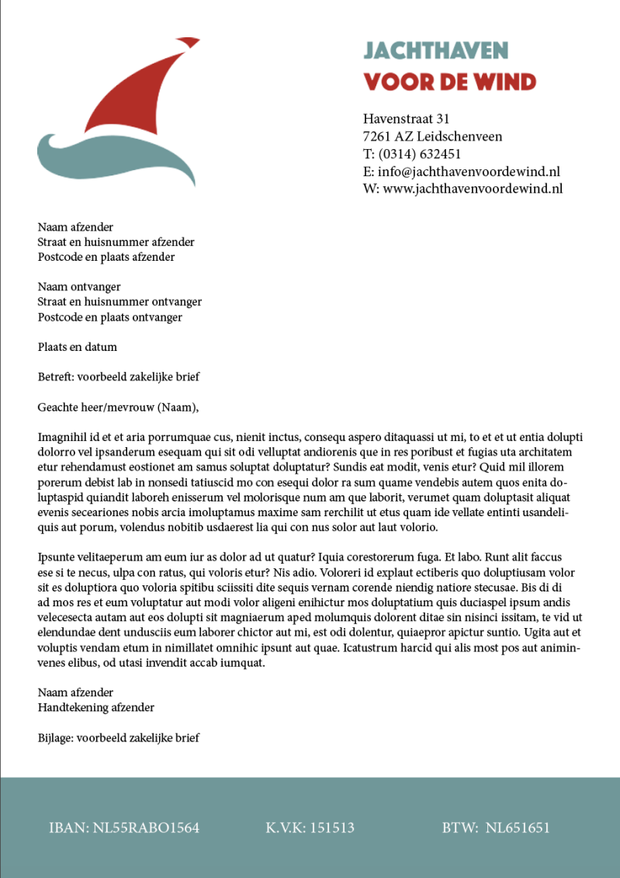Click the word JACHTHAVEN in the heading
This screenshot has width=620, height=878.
[436, 51]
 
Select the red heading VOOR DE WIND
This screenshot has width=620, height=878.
[450, 82]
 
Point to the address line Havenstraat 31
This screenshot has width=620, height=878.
[407, 119]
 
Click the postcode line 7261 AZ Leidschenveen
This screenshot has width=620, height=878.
[432, 137]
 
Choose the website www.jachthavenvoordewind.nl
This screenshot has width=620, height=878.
[473, 189]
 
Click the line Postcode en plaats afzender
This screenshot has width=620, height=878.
[106, 257]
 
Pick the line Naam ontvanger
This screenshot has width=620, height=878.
[79, 287]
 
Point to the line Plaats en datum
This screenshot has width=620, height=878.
[78, 347]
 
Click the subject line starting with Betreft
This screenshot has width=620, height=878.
[119, 377]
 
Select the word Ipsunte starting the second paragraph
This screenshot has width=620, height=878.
[58, 557]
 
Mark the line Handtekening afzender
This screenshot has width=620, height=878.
[96, 707]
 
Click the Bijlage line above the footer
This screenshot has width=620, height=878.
[119, 737]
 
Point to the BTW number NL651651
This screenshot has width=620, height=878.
[518, 828]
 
